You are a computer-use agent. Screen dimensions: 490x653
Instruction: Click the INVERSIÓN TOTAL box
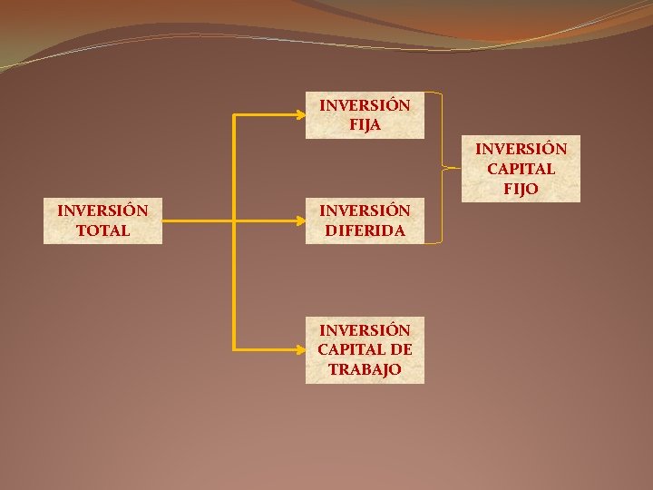(x=102, y=220)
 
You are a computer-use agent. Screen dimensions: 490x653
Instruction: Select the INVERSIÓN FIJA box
(x=365, y=115)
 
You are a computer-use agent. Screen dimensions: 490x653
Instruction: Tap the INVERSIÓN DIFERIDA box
(x=365, y=220)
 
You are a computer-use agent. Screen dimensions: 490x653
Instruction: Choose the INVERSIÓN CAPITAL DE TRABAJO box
(x=365, y=349)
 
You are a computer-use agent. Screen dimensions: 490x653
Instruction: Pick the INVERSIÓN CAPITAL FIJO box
(x=521, y=169)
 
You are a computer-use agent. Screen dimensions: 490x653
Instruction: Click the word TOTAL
(x=102, y=230)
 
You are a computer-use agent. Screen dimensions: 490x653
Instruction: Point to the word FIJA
(x=365, y=125)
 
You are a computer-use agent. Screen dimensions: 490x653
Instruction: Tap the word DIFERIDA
(x=365, y=230)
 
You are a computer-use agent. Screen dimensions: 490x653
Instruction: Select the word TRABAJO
(x=365, y=369)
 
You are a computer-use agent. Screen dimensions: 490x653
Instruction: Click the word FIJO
(x=521, y=189)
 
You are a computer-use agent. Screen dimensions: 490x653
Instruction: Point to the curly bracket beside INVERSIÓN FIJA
(x=442, y=168)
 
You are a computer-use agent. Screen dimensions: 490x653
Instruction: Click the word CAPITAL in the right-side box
(x=521, y=169)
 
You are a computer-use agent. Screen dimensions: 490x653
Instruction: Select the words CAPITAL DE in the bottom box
(x=365, y=349)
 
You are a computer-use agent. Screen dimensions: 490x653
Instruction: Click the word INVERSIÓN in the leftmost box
(x=102, y=211)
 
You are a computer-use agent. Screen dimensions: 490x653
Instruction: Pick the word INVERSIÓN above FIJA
(x=365, y=105)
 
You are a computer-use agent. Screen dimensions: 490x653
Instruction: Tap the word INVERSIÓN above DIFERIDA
(x=365, y=211)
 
